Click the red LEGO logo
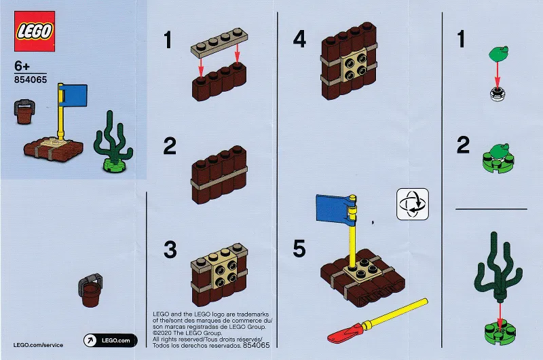pyautogui.click(x=35, y=31)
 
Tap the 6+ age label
pyautogui.click(x=22, y=66)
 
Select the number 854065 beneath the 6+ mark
pyautogui.click(x=31, y=79)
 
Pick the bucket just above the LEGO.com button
pyautogui.click(x=91, y=290)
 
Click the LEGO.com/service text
pyautogui.click(x=38, y=345)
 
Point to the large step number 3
pyautogui.click(x=170, y=250)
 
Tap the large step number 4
pyautogui.click(x=299, y=39)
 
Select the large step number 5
pyautogui.click(x=299, y=249)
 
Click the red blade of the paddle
pyautogui.click(x=345, y=333)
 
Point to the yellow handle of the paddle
pyautogui.click(x=396, y=313)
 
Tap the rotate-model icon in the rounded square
pyautogui.click(x=413, y=204)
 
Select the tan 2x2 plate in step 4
pyautogui.click(x=354, y=63)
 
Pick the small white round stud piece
pyautogui.click(x=498, y=94)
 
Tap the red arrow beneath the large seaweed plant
pyautogui.click(x=500, y=314)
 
